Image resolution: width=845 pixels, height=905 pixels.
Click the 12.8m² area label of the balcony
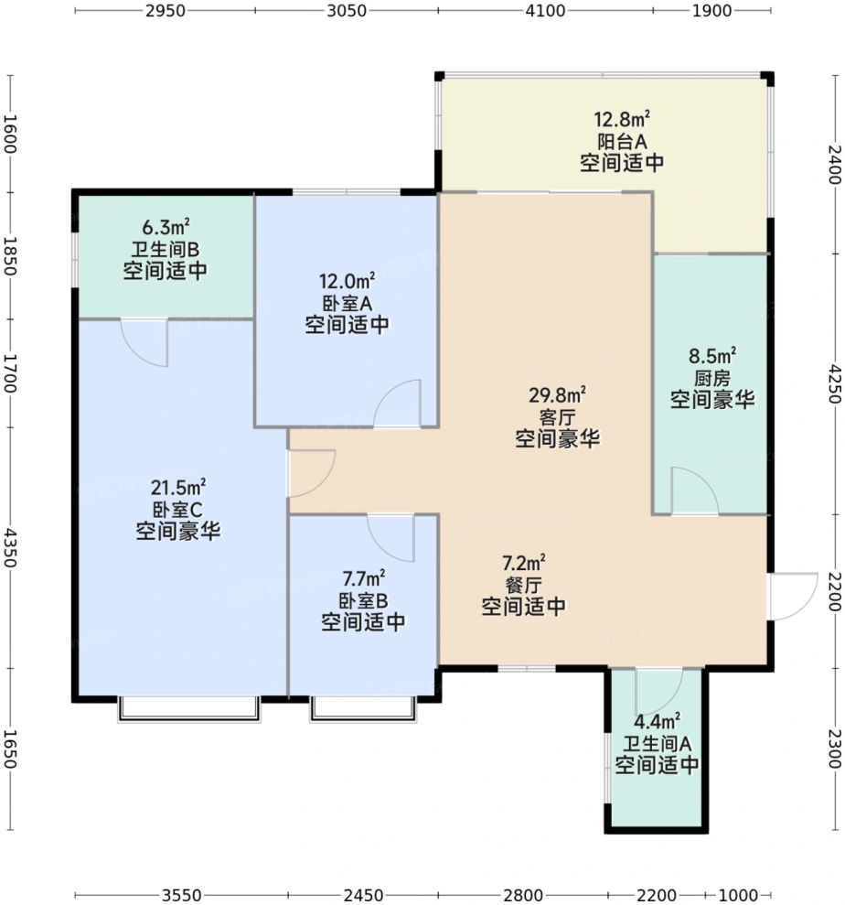622,120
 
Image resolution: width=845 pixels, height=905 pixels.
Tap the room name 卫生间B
165,250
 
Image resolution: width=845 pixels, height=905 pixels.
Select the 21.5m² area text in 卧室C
178,488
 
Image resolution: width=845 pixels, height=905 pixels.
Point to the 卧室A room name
347,304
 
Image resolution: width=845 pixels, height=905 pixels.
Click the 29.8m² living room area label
557,395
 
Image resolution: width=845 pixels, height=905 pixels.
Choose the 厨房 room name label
712,378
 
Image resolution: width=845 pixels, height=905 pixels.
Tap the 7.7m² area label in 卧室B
363,578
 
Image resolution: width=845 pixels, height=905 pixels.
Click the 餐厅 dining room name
524,585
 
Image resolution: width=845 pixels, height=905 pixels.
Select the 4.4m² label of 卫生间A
657,721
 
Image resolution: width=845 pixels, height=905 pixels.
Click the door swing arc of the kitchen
706,480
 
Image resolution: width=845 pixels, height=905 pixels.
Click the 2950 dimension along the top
165,11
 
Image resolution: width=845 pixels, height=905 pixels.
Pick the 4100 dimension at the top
545,11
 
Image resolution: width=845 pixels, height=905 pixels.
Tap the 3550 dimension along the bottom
182,895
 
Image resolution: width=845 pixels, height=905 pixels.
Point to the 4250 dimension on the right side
835,382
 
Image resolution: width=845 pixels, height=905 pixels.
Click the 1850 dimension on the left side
10,255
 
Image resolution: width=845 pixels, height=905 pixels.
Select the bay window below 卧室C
189,710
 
